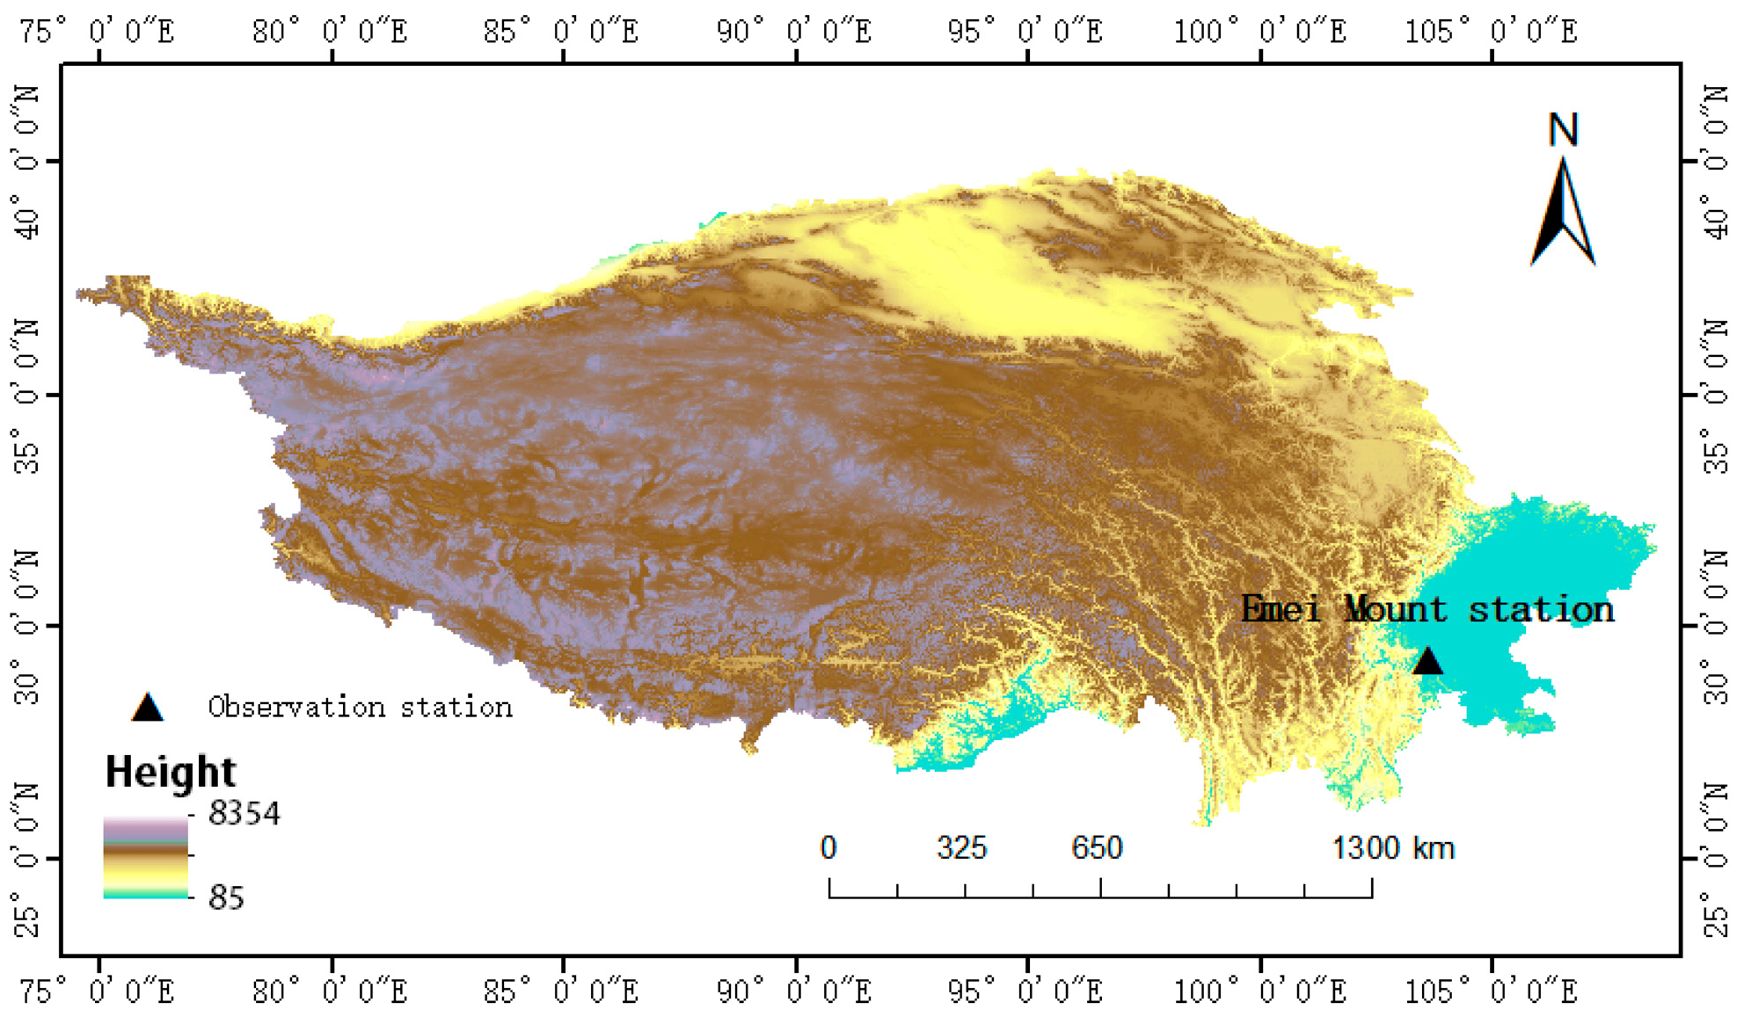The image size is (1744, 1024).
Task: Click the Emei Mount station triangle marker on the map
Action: click(1427, 662)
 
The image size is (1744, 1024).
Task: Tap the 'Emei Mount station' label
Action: click(1427, 609)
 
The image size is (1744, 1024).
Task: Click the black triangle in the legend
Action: click(147, 708)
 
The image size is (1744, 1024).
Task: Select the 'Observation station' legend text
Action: click(360, 707)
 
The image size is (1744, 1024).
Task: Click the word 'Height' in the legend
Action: click(170, 772)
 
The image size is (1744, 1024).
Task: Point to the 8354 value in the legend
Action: click(244, 814)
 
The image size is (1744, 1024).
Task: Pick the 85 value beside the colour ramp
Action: click(226, 897)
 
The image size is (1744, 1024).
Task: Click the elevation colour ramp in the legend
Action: click(145, 857)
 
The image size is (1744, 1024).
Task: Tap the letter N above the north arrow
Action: click(1563, 130)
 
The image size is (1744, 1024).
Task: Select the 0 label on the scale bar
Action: click(828, 848)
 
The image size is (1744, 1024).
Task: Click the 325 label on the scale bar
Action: click(962, 848)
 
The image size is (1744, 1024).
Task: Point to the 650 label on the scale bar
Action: click(1097, 848)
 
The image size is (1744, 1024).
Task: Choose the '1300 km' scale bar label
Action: click(1393, 848)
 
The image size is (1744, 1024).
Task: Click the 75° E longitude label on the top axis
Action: click(97, 32)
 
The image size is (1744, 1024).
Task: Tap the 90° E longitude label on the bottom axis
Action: click(794, 992)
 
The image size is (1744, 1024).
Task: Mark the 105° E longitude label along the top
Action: click(1491, 32)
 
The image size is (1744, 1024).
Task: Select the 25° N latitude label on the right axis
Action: click(1716, 860)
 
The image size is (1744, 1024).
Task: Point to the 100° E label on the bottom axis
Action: click(1259, 992)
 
